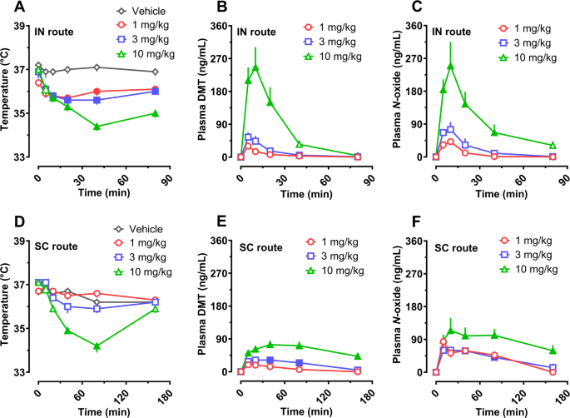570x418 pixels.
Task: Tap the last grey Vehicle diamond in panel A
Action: [156, 72]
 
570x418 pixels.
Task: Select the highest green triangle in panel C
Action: [450, 66]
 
